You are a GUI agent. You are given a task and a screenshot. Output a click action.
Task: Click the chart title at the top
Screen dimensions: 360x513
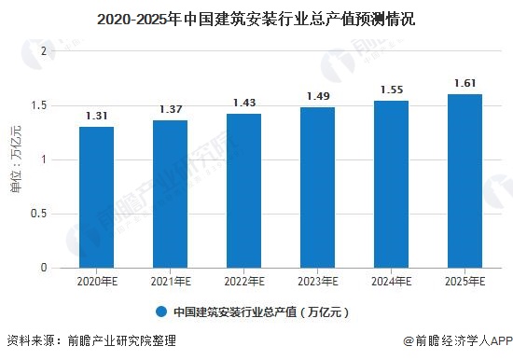(x=256, y=15)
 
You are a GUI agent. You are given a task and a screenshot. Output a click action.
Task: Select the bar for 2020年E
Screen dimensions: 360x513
(x=96, y=198)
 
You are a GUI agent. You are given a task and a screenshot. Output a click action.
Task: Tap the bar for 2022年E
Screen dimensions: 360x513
(x=243, y=191)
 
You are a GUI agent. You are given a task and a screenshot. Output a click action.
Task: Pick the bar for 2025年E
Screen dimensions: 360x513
(x=464, y=181)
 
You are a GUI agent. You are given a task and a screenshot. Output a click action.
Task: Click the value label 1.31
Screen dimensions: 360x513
(x=96, y=117)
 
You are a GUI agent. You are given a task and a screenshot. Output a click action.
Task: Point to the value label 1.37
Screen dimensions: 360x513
(x=170, y=110)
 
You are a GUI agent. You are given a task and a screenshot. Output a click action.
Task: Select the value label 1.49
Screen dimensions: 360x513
(x=317, y=97)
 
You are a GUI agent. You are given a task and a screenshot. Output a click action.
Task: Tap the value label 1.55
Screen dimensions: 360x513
(x=391, y=90)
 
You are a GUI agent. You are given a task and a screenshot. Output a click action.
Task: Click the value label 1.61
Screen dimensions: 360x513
(x=464, y=84)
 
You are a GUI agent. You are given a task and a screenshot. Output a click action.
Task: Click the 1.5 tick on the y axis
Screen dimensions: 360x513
(x=37, y=105)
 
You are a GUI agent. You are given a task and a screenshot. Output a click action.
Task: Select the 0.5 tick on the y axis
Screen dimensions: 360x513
(x=37, y=214)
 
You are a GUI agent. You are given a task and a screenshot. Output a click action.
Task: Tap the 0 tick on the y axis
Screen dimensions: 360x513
(x=42, y=269)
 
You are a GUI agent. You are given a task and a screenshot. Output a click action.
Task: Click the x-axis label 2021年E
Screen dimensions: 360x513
(x=170, y=281)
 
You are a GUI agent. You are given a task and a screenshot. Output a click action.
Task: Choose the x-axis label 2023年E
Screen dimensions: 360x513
(x=317, y=281)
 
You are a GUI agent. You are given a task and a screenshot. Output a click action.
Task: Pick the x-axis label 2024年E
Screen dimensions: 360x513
(x=391, y=281)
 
